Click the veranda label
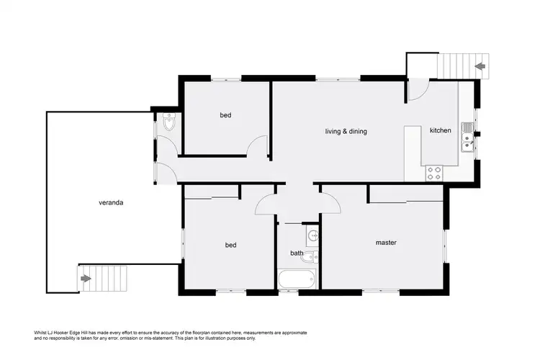[111, 203]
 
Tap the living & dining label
[342, 131]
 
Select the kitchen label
[440, 130]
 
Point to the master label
[386, 243]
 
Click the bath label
[297, 253]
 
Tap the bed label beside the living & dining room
[225, 115]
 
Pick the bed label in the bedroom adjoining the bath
[230, 245]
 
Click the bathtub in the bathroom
[297, 279]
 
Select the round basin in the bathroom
[313, 235]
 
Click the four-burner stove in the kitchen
[435, 173]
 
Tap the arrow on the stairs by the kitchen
[480, 67]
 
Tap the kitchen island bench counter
[412, 153]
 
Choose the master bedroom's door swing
[330, 203]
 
